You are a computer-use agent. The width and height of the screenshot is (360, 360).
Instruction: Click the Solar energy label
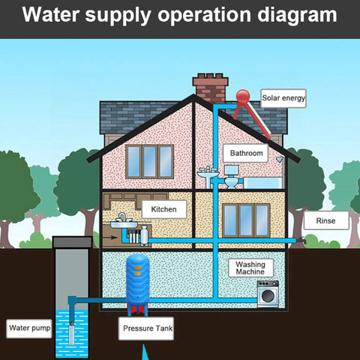pos(283,98)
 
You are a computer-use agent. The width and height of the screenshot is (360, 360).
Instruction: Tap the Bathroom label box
pos(246,153)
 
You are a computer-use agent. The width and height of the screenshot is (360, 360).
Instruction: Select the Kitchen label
pos(164,209)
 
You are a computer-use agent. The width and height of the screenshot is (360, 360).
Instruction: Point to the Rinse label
pos(326,220)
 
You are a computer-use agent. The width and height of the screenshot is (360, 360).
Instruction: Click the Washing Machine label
pos(250,268)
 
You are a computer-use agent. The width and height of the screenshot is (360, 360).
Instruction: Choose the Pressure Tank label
pos(146,328)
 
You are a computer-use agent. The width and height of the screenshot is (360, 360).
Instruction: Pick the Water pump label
pos(29,328)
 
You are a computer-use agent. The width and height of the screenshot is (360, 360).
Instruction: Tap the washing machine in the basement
pos(268,294)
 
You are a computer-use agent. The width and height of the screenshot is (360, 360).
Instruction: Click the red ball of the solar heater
pos(243,96)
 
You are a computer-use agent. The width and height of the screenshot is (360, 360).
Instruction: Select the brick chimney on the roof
pos(211,88)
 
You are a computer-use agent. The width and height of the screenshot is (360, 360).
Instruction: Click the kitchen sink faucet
pos(122,217)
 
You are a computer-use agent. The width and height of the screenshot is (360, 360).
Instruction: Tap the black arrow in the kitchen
pos(110,237)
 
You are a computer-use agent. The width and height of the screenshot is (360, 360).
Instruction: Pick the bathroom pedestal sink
pos(208,177)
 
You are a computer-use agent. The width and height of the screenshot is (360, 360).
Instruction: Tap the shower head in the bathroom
pos(280,159)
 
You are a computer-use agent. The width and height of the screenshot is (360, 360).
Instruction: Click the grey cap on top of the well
pos(72,242)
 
